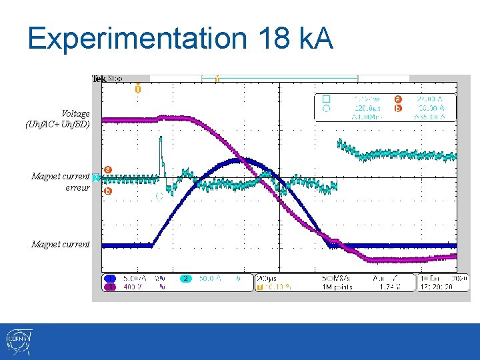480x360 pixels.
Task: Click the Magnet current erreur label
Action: click(61, 182)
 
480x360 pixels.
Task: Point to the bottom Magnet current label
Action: click(61, 244)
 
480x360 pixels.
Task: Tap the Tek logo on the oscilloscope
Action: click(99, 79)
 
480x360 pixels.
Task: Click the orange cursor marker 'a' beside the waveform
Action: click(107, 170)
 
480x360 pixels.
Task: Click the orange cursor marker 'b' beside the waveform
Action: click(107, 191)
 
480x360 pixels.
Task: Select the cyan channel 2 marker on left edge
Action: click(96, 177)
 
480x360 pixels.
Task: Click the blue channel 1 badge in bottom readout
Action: click(110, 279)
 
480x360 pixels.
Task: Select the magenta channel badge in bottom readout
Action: click(110, 287)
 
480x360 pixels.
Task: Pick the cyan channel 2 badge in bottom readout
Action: click(187, 279)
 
